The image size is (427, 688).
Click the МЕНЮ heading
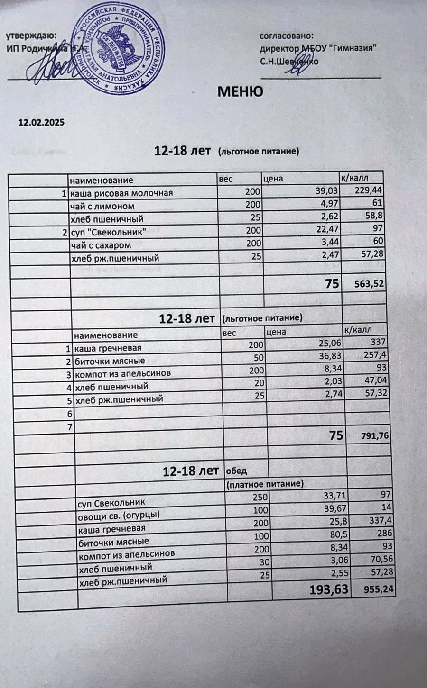pyautogui.click(x=240, y=91)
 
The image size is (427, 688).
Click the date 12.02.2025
pyautogui.click(x=41, y=122)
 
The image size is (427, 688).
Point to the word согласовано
pyautogui.click(x=287, y=36)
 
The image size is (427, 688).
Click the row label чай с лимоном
pyautogui.click(x=102, y=206)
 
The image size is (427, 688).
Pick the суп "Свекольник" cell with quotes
pyautogui.click(x=108, y=232)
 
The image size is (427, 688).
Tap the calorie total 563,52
pyautogui.click(x=370, y=284)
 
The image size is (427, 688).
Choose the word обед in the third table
pyautogui.click(x=236, y=471)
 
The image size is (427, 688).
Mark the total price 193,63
pyautogui.click(x=329, y=590)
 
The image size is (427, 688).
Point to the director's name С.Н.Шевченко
pyautogui.click(x=289, y=62)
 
